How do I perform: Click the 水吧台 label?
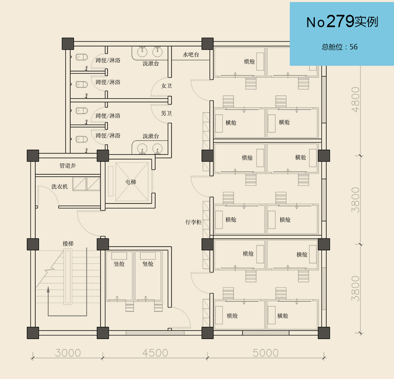coord(191,55)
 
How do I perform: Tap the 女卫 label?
coord(166,86)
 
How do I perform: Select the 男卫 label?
coord(166,113)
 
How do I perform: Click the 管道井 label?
coord(68,166)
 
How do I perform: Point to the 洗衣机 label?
coord(60,187)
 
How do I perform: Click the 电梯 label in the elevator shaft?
coord(131,182)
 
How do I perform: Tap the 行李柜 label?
coord(193,222)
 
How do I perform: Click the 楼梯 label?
coord(68,244)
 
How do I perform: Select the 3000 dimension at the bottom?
coord(68,353)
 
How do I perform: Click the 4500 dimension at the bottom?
coord(155,353)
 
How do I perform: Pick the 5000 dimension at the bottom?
coord(266,353)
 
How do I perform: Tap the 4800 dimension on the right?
coord(355,99)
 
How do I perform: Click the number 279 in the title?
coord(340,21)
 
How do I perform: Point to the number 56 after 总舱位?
coord(353,47)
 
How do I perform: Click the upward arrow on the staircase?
coord(48,301)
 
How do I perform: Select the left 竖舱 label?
coord(119,264)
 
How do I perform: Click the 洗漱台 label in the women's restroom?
coord(151,63)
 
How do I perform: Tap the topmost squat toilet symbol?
coord(82,57)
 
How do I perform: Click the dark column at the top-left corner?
coord(68,44)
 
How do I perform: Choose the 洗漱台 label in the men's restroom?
coord(151,136)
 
